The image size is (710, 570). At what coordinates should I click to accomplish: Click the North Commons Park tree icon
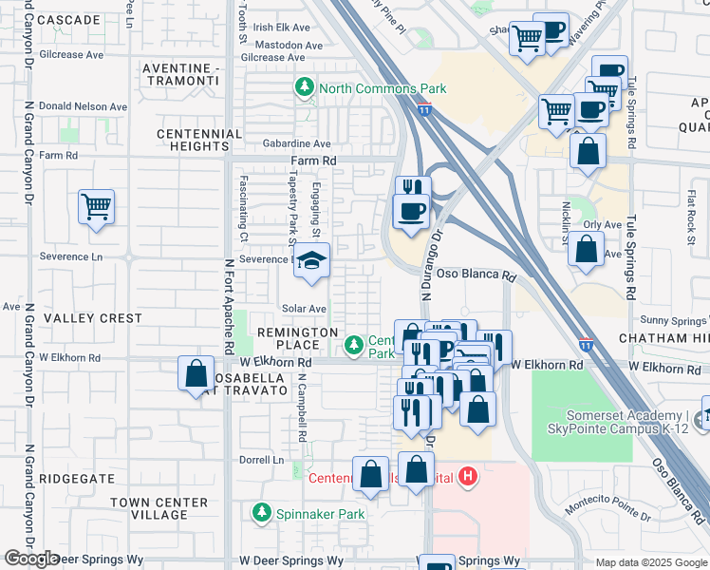click(x=305, y=88)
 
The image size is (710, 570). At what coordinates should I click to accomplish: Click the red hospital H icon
click(x=466, y=476)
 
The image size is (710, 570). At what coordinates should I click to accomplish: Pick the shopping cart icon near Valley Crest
click(x=96, y=205)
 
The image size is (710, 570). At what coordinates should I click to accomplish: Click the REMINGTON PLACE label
click(x=298, y=332)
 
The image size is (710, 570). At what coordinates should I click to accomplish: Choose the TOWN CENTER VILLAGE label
click(x=159, y=508)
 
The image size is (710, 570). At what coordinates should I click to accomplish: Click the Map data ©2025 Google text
click(x=651, y=562)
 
